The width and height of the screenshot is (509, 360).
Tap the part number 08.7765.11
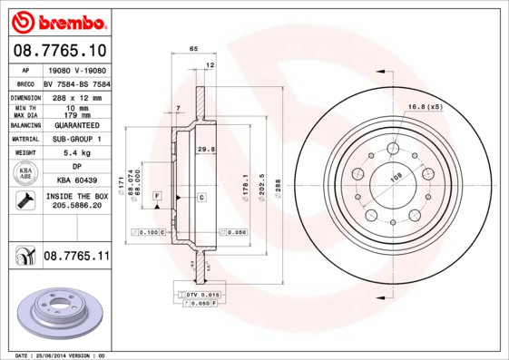pyautogui.click(x=75, y=257)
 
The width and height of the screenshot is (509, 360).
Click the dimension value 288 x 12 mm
pyautogui.click(x=75, y=96)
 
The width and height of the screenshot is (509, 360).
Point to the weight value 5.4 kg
pyautogui.click(x=75, y=153)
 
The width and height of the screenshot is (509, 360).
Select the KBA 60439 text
pyautogui.click(x=75, y=181)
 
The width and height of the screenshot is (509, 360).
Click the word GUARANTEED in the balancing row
pyautogui.click(x=75, y=124)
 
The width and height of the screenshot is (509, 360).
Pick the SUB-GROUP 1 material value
pyautogui.click(x=75, y=139)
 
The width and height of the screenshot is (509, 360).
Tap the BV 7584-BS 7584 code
pyautogui.click(x=76, y=83)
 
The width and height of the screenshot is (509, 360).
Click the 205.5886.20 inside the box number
pyautogui.click(x=75, y=206)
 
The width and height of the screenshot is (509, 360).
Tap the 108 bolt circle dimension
pyautogui.click(x=396, y=178)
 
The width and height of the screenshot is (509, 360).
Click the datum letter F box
pyautogui.click(x=157, y=196)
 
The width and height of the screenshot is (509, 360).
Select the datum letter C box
pyautogui.click(x=200, y=196)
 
